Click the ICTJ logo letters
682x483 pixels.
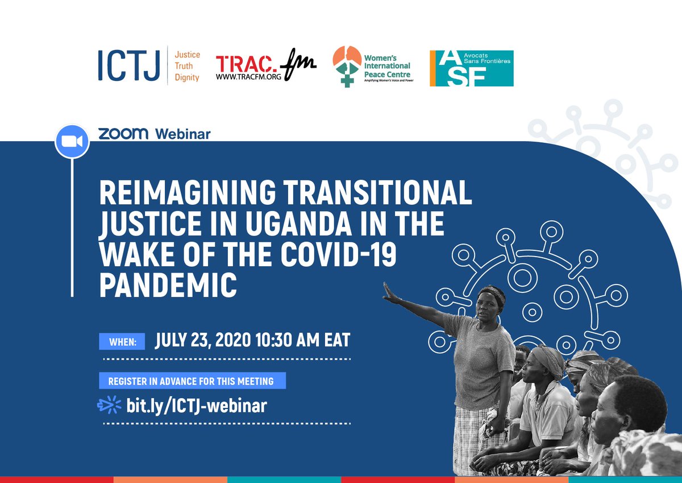pos(130,66)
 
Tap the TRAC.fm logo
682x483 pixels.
pos(265,67)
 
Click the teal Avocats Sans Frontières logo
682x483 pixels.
pos(471,68)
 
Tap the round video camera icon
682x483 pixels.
pos(72,141)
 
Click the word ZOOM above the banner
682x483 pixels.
pos(123,134)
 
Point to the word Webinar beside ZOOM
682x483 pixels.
pos(183,134)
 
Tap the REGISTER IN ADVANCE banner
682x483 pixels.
pos(192,381)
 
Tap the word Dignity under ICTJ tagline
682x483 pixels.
pos(187,77)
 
